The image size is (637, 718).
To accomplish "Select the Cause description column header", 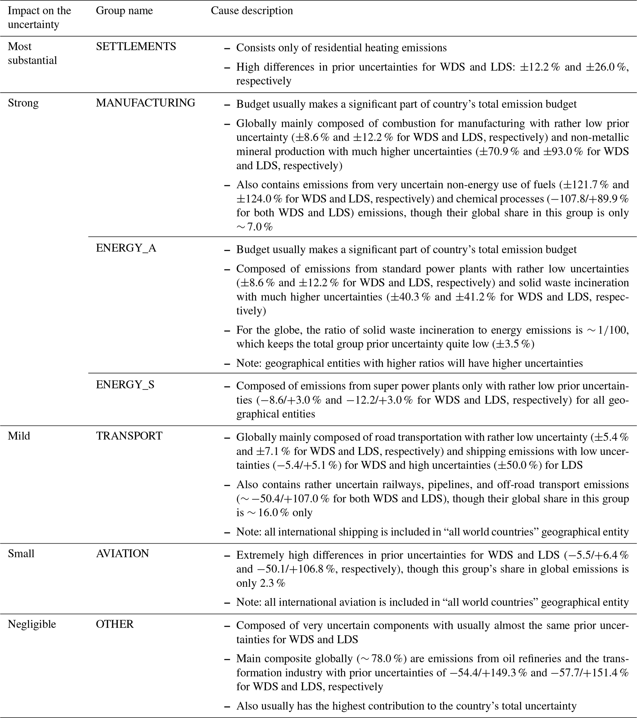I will [251, 10].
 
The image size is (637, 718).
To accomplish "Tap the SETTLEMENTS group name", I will [136, 47].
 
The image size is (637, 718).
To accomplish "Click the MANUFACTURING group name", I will [145, 103].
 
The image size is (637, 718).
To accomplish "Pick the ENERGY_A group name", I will [126, 248].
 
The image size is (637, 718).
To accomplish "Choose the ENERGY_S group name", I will [125, 384].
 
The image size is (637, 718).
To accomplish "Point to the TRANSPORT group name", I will [129, 436].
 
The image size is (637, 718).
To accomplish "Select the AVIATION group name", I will [122, 553].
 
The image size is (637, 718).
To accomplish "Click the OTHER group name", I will [115, 624].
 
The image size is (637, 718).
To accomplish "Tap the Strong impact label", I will [23, 103].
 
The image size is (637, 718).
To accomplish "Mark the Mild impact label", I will [19, 436].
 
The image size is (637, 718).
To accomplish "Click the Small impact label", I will [21, 553].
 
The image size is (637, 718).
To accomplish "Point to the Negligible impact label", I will [32, 624].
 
